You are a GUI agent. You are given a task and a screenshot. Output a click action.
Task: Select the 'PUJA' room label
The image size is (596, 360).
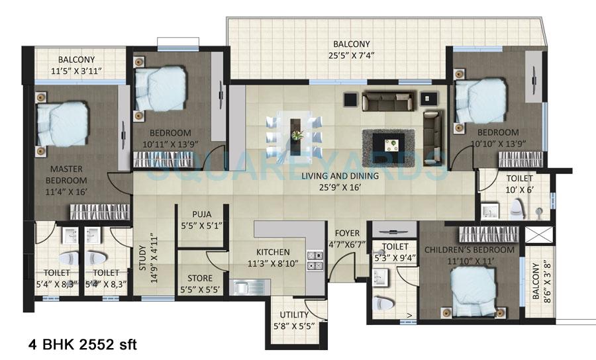[x=203, y=214]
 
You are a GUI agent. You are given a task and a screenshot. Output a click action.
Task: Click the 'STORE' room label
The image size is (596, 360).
[x=200, y=278]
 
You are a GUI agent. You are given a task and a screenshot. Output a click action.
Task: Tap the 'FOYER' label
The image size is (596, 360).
[x=347, y=232]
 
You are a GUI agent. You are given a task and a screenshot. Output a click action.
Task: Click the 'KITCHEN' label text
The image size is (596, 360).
[x=273, y=252]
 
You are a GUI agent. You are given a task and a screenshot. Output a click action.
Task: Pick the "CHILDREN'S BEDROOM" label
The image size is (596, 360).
[x=470, y=250]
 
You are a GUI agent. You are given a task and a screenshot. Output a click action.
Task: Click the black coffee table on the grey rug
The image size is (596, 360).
[x=388, y=142]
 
